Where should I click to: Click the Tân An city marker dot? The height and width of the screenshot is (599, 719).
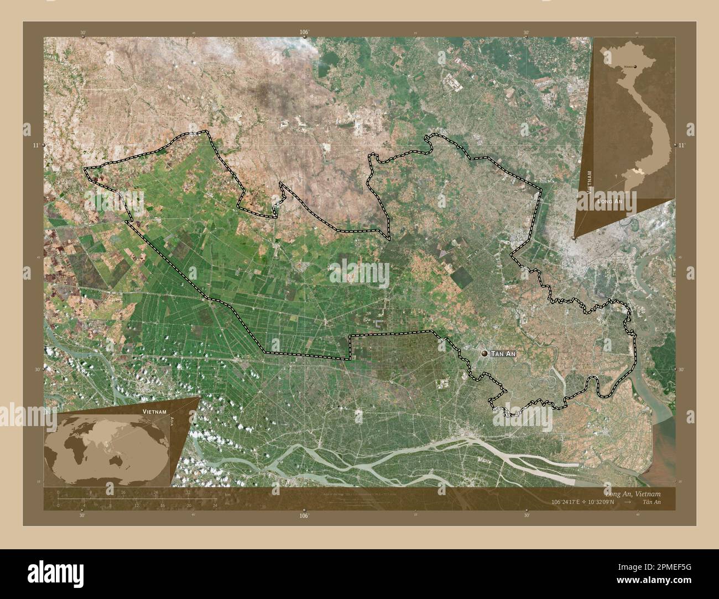coord(485,353)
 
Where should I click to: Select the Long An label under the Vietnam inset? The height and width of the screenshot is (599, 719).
coord(609,203)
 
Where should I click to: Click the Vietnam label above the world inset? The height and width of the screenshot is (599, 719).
coord(153,412)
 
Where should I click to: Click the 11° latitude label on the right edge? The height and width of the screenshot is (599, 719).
coord(681,145)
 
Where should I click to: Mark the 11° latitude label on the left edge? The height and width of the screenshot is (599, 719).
coord(36,145)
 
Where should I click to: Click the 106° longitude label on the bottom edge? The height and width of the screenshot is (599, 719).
coord(304,515)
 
